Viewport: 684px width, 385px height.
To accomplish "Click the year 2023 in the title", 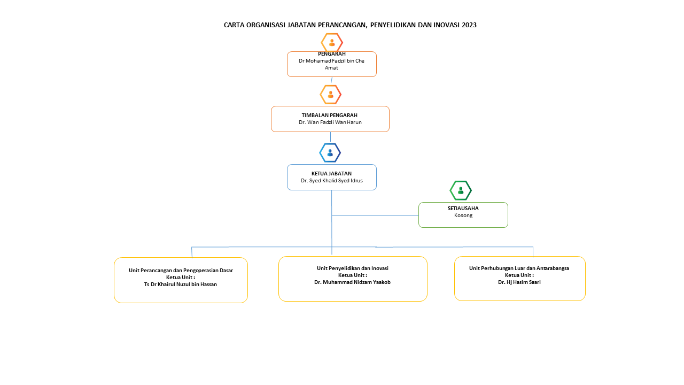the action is pos(469,25).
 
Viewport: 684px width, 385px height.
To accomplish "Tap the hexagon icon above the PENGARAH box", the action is pos(332,42).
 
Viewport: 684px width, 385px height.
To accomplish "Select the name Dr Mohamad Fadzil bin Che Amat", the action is pos(332,64).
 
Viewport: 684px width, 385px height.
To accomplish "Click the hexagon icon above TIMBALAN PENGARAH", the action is pos(331,95).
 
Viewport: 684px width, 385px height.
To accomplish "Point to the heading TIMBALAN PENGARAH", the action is pos(330,115).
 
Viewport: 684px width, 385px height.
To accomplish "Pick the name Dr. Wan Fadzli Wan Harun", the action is pos(330,122).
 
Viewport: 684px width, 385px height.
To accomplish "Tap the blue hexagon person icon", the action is pos(330,153).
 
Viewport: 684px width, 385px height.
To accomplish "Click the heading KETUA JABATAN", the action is pos(332,174).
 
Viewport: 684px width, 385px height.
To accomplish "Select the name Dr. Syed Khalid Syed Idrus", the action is pos(332,181).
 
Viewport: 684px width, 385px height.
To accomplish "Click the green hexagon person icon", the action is pos(461,190).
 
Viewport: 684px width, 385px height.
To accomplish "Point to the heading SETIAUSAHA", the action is pos(463,209).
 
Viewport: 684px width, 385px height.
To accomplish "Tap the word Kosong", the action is pos(463,215).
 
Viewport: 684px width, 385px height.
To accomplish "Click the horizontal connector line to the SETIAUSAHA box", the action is pos(375,215).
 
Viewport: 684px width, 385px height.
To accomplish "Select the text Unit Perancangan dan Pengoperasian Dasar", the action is pos(181,271).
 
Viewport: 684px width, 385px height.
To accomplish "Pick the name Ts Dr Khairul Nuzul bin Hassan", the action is pos(181,284).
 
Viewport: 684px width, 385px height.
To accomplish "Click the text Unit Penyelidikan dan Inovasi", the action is pos(353,268).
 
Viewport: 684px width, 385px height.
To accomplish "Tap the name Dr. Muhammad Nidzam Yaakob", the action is pos(352,282).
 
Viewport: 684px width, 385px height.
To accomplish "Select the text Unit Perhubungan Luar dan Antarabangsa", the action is pos(519,268).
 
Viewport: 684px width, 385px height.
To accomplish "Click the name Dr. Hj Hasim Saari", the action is pos(519,282).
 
